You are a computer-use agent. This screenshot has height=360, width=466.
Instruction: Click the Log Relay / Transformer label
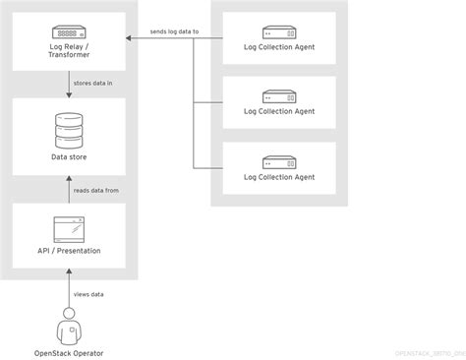(69, 50)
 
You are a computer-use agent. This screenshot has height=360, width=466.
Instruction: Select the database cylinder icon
(69, 128)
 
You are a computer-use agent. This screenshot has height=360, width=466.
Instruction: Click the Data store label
(69, 157)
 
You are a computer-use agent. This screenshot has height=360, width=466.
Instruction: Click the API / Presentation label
(69, 251)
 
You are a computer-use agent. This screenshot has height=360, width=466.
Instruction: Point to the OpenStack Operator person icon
(69, 326)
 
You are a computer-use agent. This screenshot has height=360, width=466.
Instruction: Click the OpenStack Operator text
(69, 352)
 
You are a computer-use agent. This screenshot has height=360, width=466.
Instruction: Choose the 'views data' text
(89, 293)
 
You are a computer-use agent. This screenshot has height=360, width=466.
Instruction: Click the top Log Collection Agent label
(279, 45)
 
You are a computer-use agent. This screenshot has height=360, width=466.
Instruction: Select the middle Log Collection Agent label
(279, 111)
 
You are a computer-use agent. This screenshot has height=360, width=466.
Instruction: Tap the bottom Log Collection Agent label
(279, 177)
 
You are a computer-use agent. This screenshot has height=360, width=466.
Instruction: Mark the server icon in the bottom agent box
(279, 161)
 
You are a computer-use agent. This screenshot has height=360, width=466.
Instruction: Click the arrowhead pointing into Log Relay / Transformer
(129, 39)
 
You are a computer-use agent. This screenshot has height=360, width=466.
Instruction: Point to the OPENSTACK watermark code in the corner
(428, 352)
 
